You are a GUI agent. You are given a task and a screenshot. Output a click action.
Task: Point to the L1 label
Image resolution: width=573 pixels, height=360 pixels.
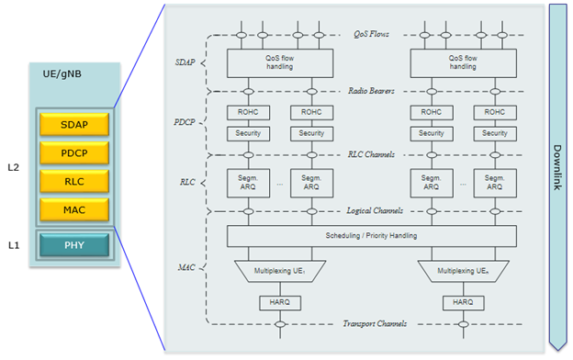(13, 245)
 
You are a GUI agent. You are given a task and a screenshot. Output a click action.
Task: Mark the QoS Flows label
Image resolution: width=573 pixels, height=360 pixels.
(372, 35)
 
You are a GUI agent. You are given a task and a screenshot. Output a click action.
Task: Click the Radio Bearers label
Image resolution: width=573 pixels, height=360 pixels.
(372, 91)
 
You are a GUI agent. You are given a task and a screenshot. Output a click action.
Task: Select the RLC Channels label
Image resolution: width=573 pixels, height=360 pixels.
(372, 154)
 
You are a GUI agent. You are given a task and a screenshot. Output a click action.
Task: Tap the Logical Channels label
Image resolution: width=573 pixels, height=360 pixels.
(372, 211)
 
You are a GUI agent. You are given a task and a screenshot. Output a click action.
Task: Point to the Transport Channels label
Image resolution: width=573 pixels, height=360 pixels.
(372, 324)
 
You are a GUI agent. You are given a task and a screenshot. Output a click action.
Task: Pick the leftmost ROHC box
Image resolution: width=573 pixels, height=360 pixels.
(246, 112)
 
